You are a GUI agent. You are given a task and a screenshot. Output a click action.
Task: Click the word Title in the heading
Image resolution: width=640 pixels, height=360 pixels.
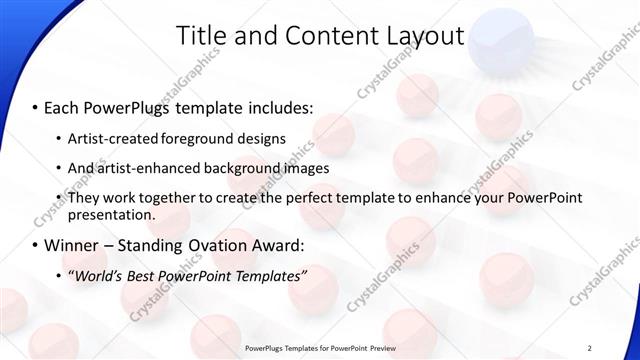[201, 37]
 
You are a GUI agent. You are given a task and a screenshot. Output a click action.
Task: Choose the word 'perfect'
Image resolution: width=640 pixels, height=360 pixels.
[291, 198]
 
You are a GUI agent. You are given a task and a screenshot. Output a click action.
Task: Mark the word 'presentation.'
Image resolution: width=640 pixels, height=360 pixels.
[111, 214]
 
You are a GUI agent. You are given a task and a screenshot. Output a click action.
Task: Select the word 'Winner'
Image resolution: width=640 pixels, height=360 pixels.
[75, 245]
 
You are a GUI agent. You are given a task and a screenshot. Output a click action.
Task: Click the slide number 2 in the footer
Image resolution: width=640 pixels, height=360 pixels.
[590, 347]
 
